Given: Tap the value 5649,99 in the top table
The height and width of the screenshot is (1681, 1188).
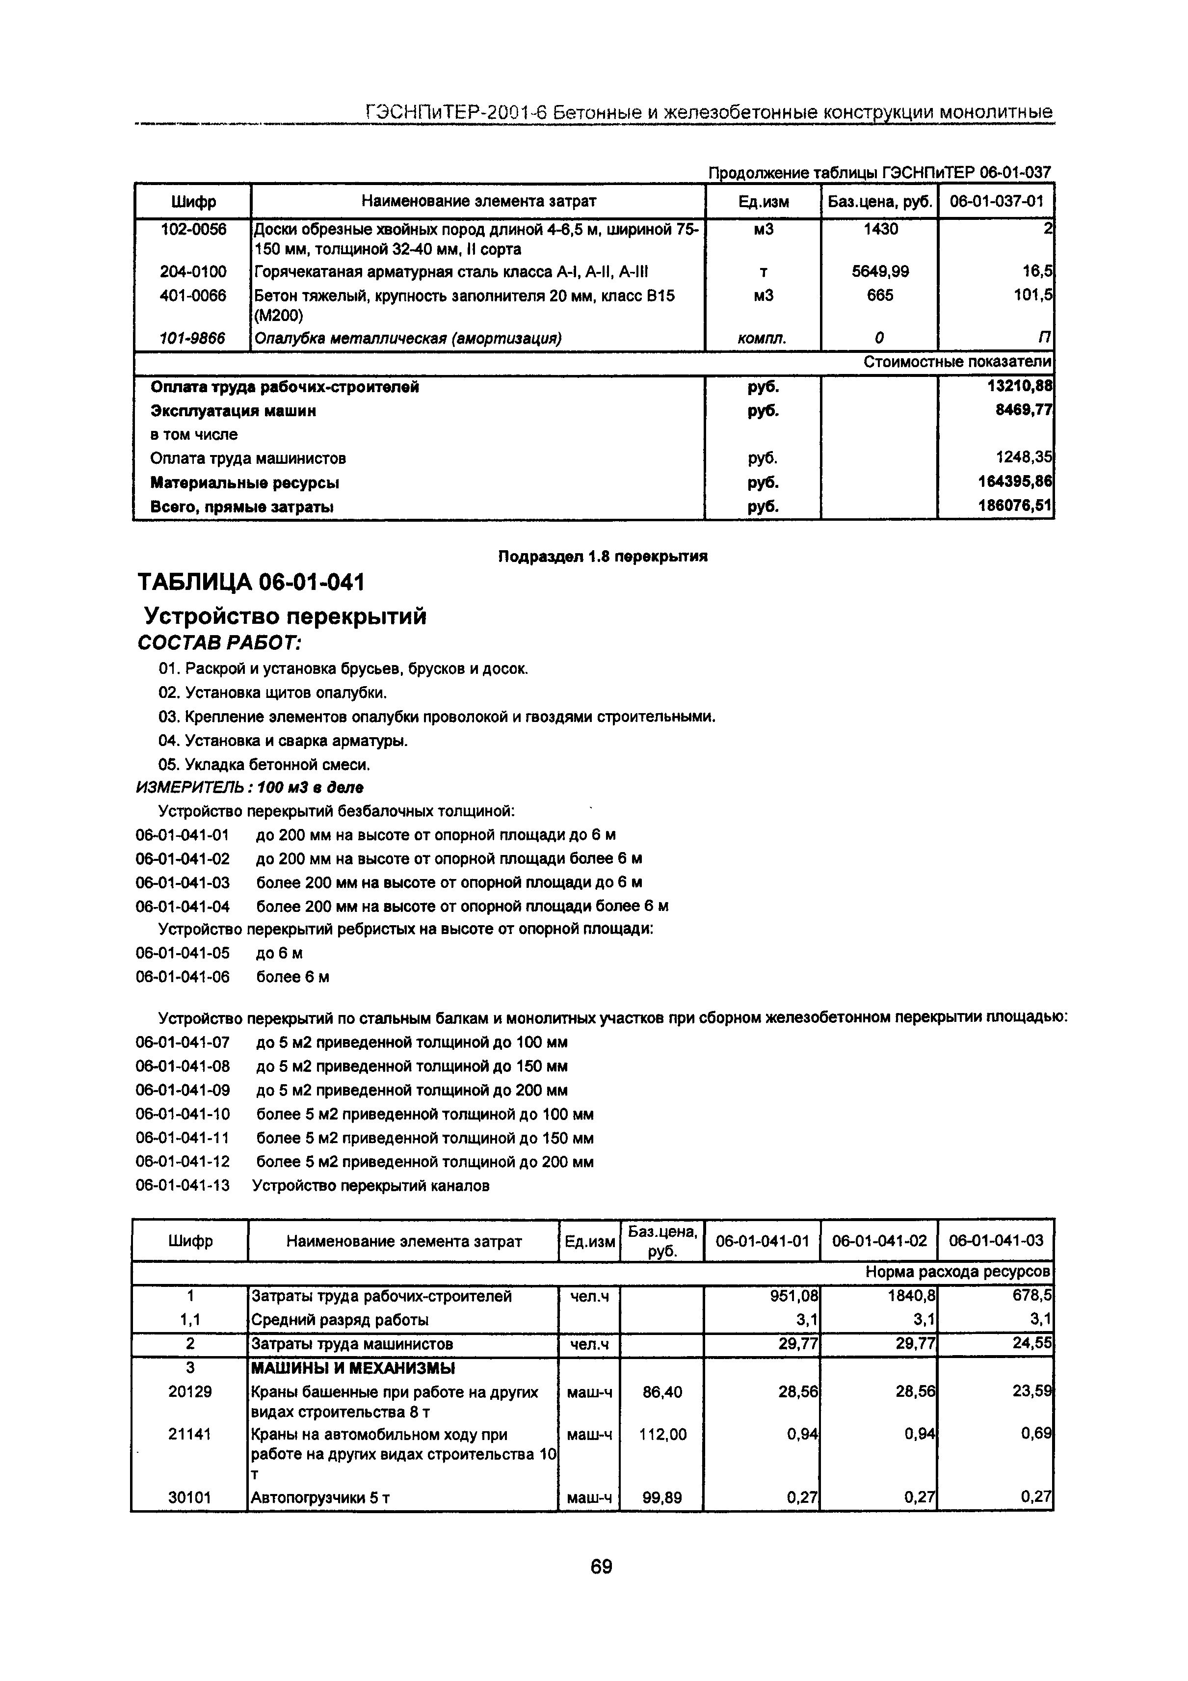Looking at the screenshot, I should [880, 271].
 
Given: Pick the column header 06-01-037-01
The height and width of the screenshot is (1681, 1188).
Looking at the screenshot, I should [996, 201].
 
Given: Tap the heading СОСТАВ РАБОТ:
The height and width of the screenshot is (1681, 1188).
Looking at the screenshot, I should [220, 643].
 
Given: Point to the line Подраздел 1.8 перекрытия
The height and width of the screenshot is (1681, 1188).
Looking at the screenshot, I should [603, 557].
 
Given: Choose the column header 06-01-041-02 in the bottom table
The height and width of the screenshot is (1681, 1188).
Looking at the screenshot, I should [879, 1241].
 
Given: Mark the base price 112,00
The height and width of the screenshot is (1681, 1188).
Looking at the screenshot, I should [662, 1434].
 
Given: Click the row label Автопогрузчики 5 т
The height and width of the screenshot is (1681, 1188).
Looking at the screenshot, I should [320, 1498].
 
